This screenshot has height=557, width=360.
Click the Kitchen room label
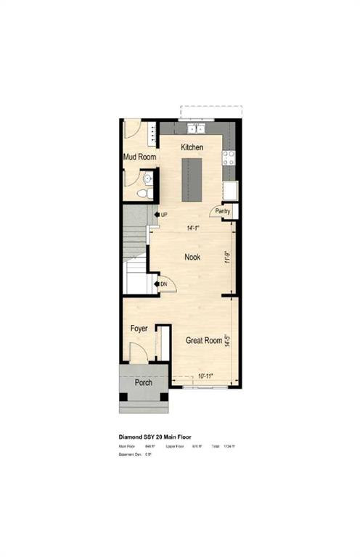point(192,147)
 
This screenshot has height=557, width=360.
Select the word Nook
point(192,257)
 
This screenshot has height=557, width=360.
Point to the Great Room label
point(203,340)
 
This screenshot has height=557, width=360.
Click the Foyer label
point(139,329)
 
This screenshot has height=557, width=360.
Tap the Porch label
point(144,381)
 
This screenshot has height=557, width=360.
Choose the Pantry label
point(222,212)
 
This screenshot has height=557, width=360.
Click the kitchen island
point(192,179)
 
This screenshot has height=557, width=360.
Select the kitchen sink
point(196,129)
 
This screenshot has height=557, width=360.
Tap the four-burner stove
point(230,157)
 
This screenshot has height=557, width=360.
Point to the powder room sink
point(147,178)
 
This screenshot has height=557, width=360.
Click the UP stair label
point(164,215)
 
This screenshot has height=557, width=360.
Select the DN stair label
point(164,284)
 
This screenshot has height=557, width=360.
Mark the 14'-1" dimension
point(192,228)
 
